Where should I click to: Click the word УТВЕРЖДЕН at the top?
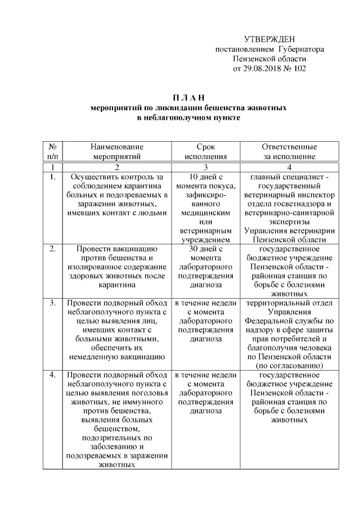(269, 39)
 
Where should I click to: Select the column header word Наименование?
(117, 147)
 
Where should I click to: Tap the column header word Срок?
(205, 147)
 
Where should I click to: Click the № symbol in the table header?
(52, 147)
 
